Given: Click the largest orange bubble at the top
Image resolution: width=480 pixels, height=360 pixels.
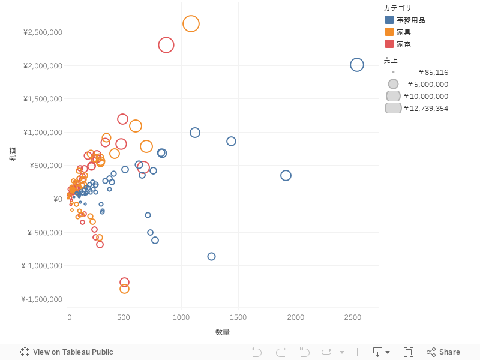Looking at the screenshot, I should [191, 23].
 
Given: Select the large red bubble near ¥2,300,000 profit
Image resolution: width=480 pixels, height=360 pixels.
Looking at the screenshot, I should [166, 44].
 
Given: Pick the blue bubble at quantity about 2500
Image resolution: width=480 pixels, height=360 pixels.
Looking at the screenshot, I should [357, 65].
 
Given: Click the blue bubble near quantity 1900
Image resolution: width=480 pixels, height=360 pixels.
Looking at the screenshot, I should [286, 175].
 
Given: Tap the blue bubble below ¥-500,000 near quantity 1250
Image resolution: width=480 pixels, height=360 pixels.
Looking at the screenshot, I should [211, 256].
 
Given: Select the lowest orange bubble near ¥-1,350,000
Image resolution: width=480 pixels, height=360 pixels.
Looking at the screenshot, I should [124, 289].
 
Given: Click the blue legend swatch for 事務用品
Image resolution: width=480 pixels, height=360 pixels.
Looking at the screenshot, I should [389, 20].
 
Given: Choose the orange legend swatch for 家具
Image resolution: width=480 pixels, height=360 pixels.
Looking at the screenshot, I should [389, 32].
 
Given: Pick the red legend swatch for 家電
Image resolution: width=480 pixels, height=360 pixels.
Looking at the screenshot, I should [389, 44].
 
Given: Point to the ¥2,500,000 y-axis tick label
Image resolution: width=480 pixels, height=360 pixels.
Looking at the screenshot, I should [43, 32].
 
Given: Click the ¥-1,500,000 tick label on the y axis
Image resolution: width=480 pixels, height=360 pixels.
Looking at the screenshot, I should [41, 299].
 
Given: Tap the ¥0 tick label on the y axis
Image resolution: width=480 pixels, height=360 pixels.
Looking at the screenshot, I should [57, 199].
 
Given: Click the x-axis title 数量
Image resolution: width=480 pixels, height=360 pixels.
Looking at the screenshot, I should [223, 332].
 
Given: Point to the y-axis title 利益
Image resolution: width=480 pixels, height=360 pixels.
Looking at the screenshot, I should [12, 154].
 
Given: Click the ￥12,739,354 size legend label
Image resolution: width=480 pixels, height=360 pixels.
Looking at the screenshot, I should [425, 109].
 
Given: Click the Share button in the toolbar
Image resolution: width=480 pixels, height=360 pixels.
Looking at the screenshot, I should [443, 352].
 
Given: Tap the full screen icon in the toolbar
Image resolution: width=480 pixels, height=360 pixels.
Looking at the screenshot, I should [409, 352].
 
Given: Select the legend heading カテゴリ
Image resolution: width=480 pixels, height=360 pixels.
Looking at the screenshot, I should [398, 8].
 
